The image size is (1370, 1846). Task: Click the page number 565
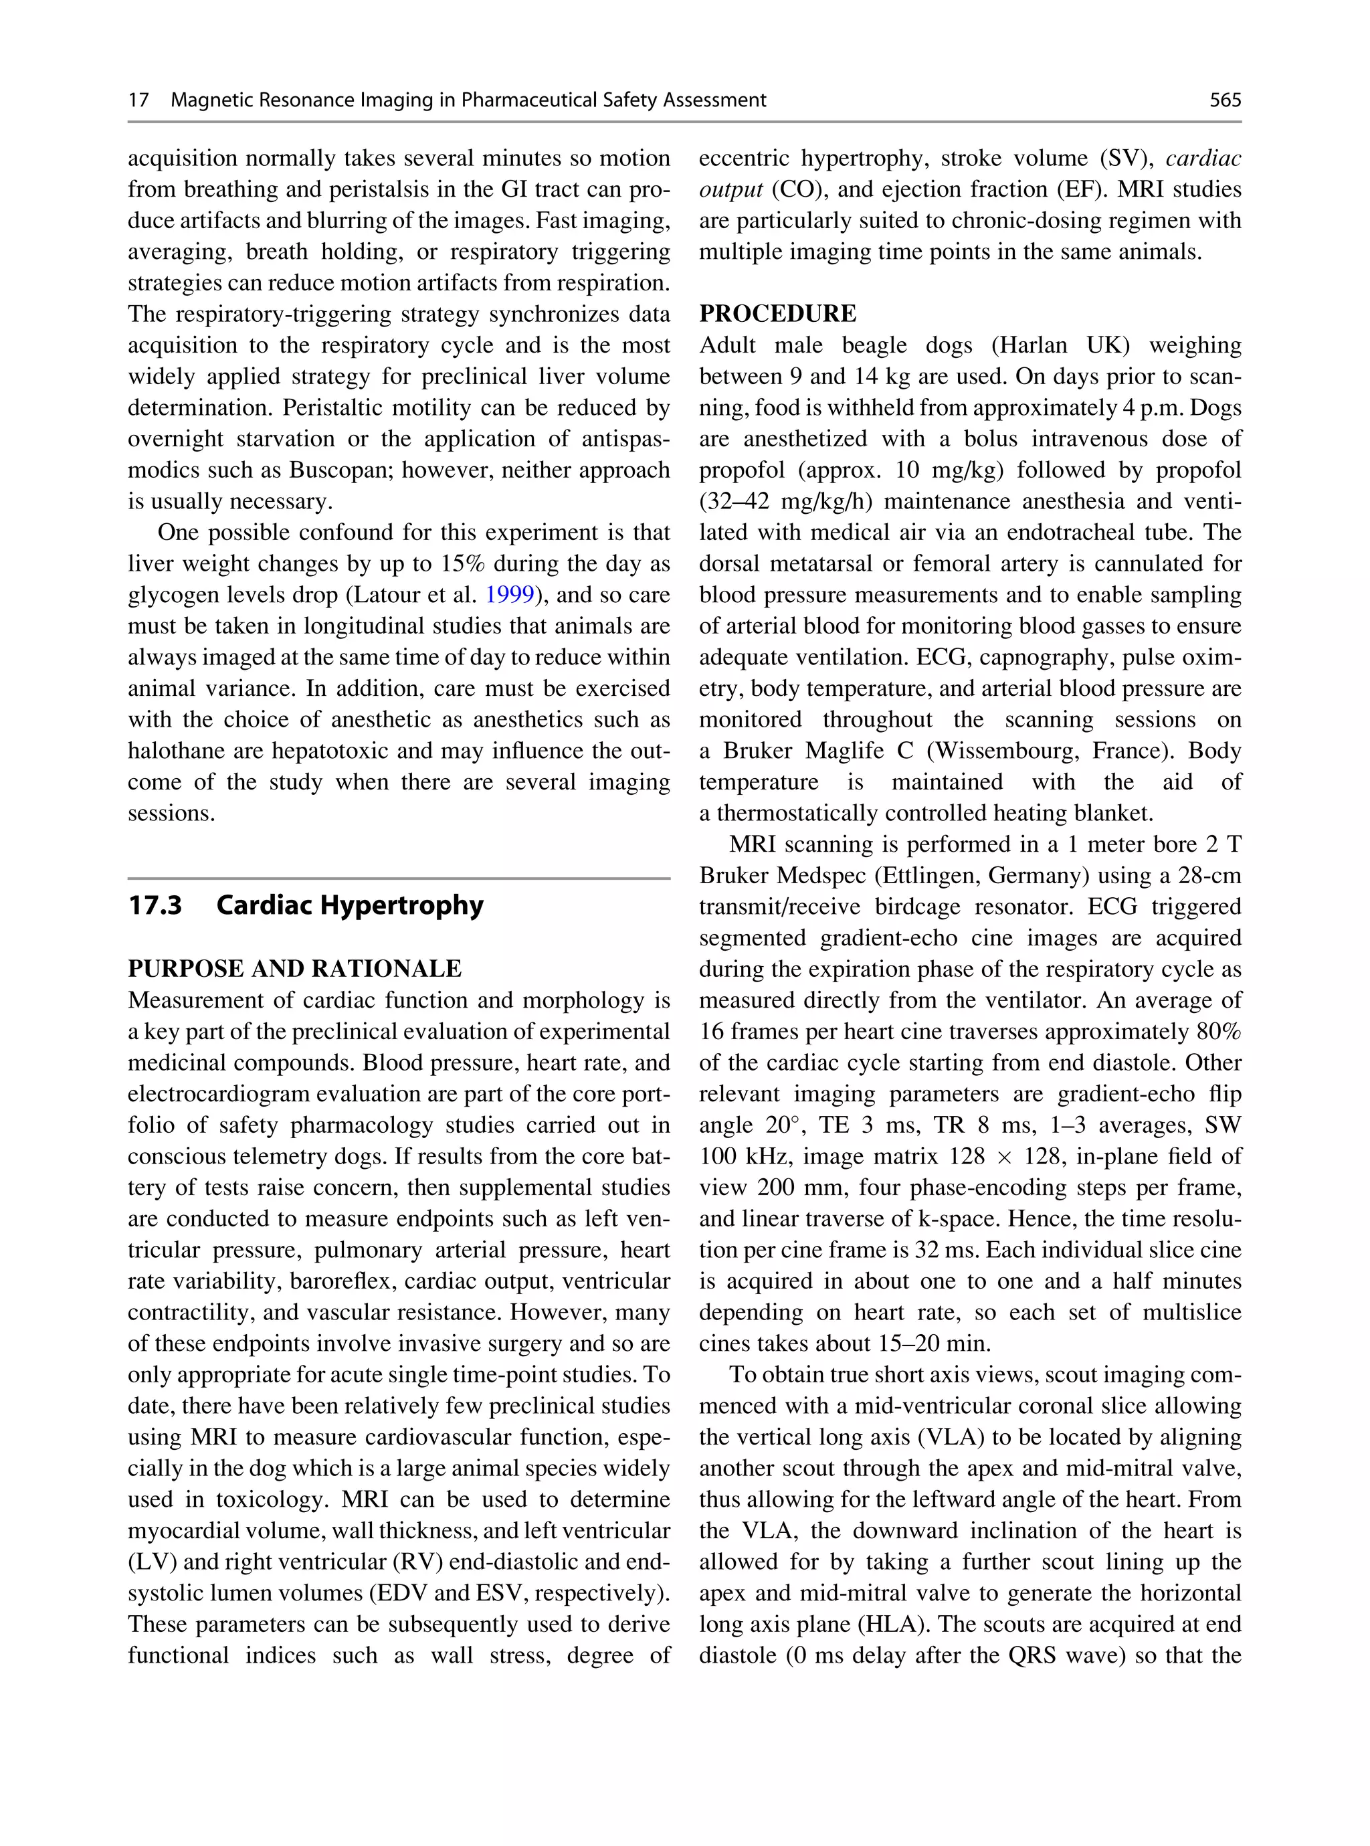pyautogui.click(x=1225, y=100)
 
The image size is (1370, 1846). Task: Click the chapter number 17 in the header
pyautogui.click(x=138, y=100)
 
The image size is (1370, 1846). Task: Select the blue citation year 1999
pyautogui.click(x=508, y=595)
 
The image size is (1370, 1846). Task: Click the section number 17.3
pyautogui.click(x=155, y=905)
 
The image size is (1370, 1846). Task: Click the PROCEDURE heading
pyautogui.click(x=777, y=314)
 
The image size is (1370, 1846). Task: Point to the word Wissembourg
pyautogui.click(x=999, y=751)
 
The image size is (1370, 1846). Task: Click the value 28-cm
pyautogui.click(x=1209, y=876)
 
